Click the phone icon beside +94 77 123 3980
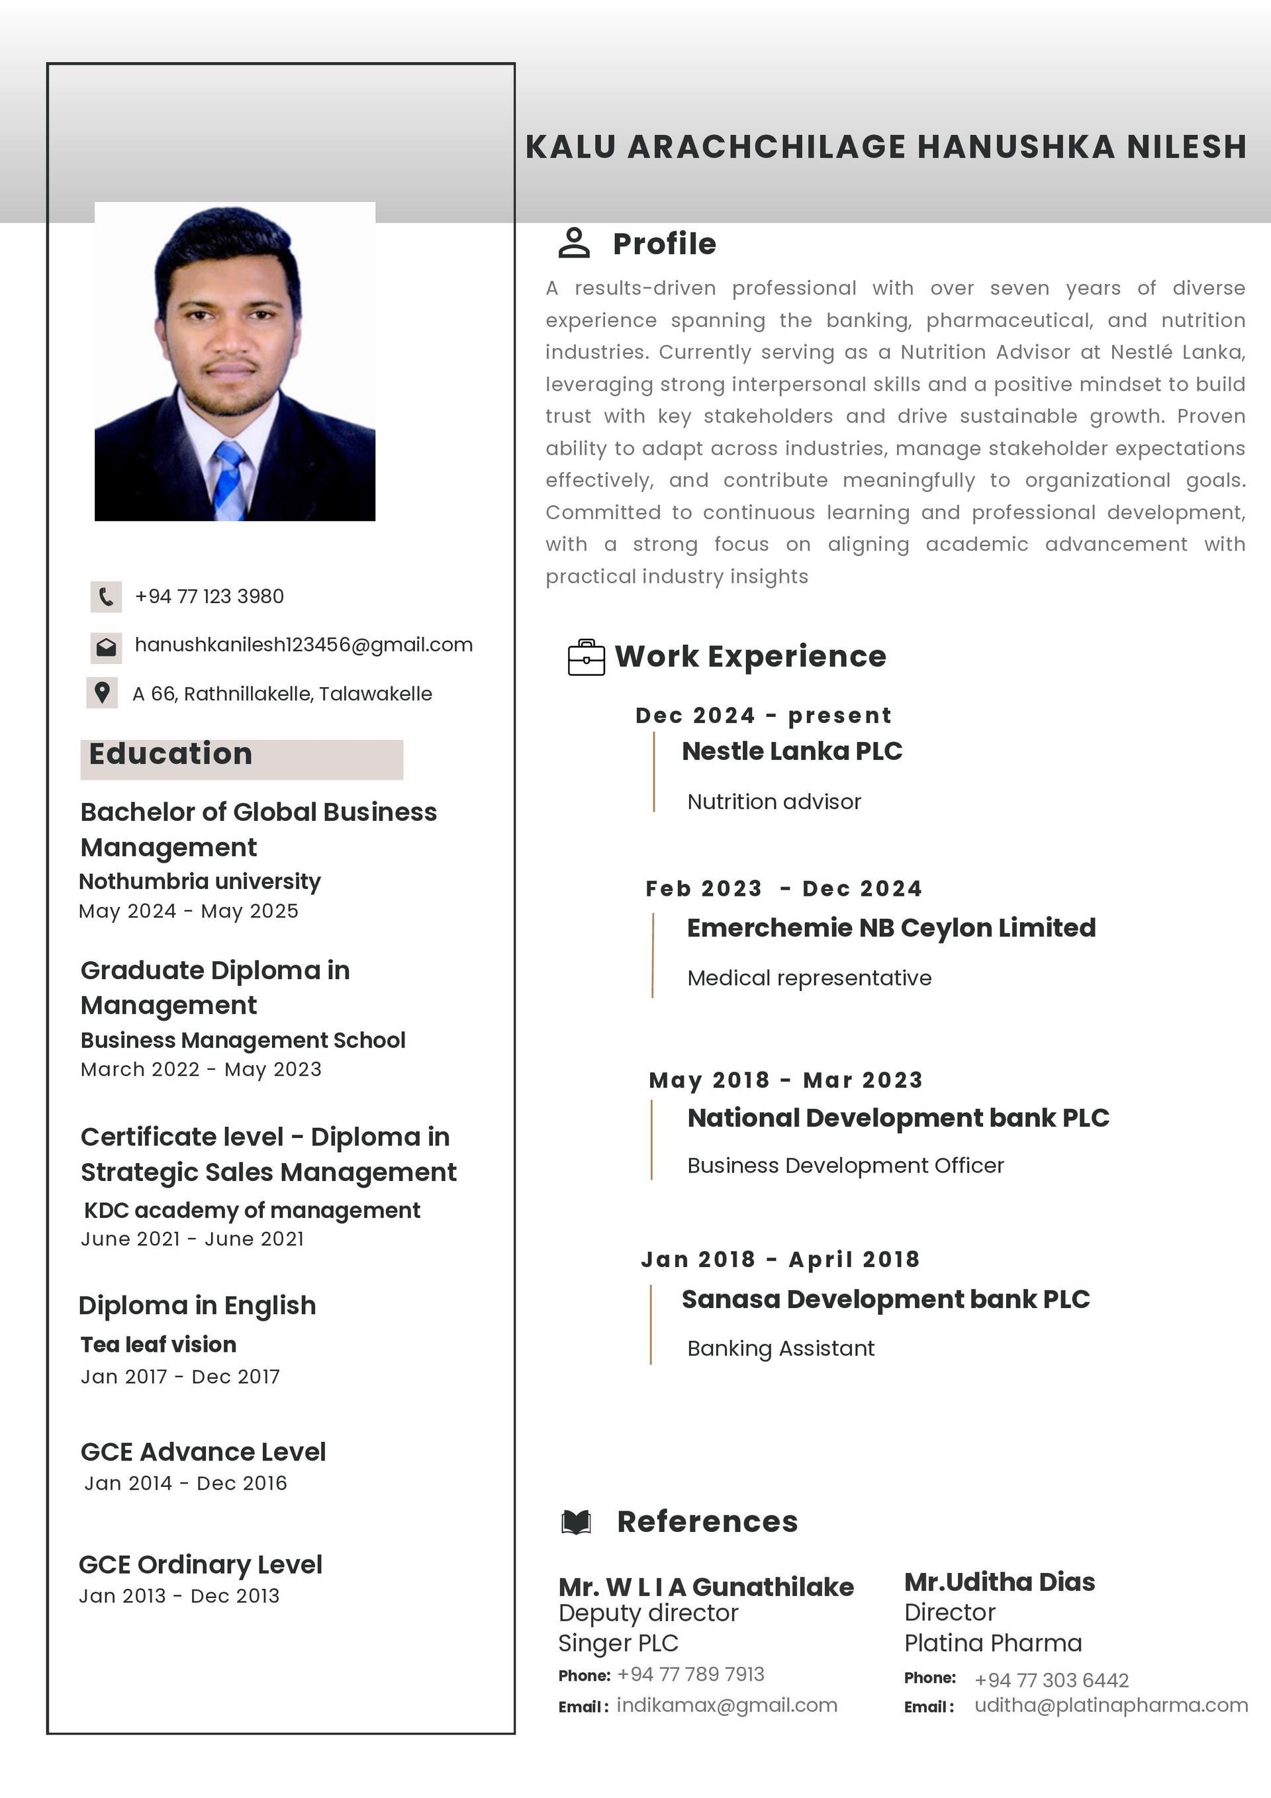[x=106, y=596]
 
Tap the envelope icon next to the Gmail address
[x=106, y=647]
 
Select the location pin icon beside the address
[x=102, y=693]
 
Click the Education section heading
[x=171, y=754]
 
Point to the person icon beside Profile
[x=574, y=243]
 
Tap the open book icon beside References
[x=577, y=1521]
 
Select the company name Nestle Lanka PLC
[x=792, y=751]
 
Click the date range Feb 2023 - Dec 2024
[x=783, y=889]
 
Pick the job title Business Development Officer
[x=845, y=1165]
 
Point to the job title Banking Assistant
[x=780, y=1348]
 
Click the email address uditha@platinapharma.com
[x=1110, y=1705]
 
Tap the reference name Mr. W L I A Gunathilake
[x=706, y=1587]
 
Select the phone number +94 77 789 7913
[x=690, y=1674]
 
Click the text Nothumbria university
[x=200, y=881]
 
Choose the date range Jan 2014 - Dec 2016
[x=185, y=1483]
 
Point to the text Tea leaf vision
[x=158, y=1344]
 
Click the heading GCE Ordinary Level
[x=201, y=1564]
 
